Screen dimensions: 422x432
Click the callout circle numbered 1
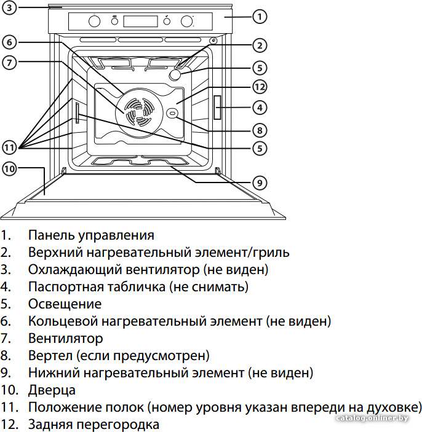260,17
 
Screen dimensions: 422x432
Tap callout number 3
9,8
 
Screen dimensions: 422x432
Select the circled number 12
260,87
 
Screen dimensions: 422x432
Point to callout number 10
9,168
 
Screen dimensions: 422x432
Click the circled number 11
9,147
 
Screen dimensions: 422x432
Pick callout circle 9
260,183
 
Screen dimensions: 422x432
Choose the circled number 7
9,63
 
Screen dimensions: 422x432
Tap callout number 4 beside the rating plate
260,108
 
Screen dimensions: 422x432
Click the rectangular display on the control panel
140,22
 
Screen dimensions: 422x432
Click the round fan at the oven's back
139,112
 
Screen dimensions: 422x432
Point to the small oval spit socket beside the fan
172,113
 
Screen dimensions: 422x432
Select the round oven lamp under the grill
175,75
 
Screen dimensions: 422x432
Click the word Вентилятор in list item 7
66,339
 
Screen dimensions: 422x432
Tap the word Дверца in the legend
52,390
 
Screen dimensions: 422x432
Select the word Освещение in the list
65,304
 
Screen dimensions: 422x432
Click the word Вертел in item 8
50,355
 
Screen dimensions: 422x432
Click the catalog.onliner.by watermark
372,418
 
